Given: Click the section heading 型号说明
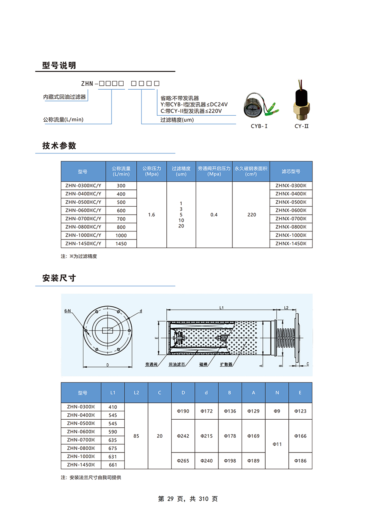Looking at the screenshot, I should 59,65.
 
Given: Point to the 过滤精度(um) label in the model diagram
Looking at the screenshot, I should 177,120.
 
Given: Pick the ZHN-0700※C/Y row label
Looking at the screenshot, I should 83,219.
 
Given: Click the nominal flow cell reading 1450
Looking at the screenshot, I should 121,243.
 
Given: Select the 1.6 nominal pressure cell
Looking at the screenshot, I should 152,215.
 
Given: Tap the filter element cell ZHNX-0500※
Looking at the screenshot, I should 291,202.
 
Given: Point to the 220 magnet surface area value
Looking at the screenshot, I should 251,215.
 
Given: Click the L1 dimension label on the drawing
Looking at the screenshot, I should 221,308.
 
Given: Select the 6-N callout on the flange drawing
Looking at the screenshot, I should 67,311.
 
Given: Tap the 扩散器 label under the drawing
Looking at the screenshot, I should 226,365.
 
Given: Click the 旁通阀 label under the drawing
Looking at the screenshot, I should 151,365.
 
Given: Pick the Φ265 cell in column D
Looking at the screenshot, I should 183,461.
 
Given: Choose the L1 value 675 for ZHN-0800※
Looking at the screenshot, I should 113,448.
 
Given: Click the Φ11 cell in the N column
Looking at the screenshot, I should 277,444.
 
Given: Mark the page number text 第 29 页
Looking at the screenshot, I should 172,499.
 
